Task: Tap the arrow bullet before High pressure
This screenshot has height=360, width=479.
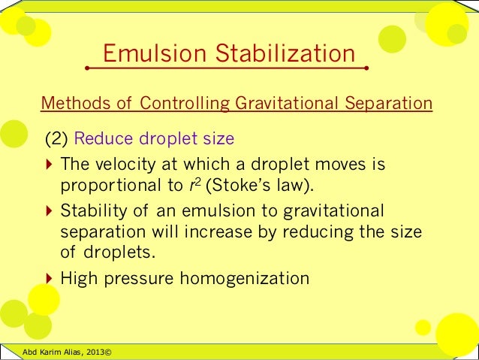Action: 49,279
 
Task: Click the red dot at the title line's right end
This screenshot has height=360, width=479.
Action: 366,68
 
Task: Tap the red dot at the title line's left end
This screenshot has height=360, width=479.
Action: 88,68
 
